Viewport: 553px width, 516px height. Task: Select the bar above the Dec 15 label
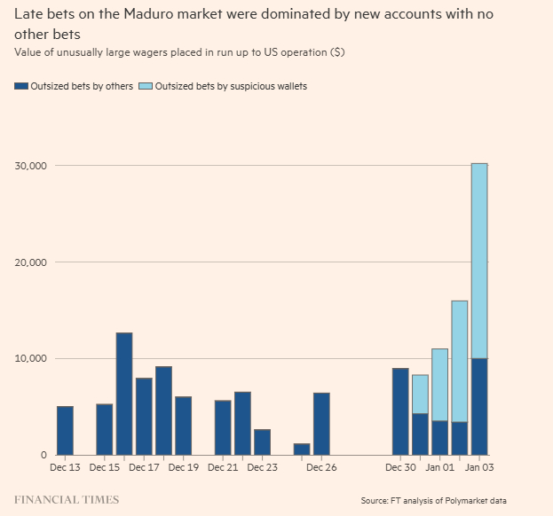click(x=104, y=430)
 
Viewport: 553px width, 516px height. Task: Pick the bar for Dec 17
click(x=144, y=417)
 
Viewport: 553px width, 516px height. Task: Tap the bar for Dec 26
click(x=321, y=424)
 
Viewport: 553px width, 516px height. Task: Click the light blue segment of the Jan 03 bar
click(x=478, y=261)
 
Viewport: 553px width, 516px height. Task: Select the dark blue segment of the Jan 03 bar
click(x=478, y=407)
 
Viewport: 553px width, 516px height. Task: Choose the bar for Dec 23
click(x=262, y=442)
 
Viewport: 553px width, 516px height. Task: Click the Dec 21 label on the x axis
click(x=222, y=466)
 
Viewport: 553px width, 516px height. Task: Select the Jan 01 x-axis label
click(x=439, y=466)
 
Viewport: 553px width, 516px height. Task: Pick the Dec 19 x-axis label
click(x=183, y=466)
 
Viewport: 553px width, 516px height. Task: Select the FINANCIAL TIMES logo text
click(x=67, y=500)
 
